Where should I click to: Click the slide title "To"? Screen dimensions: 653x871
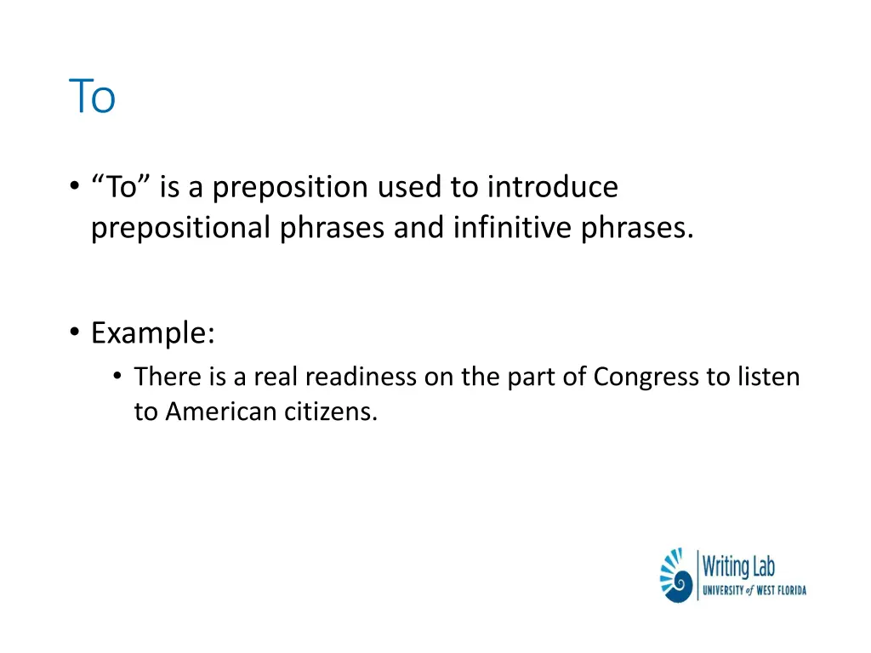click(92, 97)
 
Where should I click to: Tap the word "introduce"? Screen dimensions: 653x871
click(552, 187)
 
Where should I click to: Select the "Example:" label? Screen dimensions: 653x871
click(153, 332)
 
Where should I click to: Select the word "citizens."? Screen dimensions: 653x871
click(334, 412)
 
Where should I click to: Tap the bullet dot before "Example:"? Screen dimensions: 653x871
click(75, 333)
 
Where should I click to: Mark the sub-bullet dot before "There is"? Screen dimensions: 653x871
click(117, 377)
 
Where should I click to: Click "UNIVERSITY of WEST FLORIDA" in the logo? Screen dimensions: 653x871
click(754, 590)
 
